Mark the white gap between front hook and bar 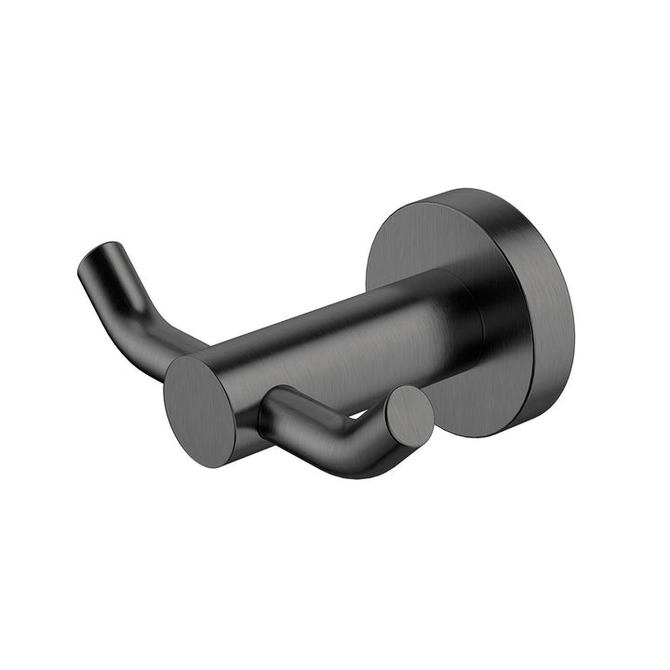click(358, 412)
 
